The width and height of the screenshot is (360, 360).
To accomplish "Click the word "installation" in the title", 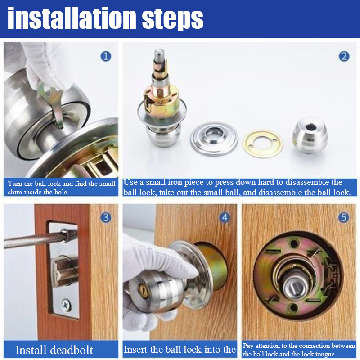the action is pos(72,18).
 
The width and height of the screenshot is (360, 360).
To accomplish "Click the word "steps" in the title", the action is pos(173,20).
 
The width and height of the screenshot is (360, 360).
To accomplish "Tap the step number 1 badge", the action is pos(106,57).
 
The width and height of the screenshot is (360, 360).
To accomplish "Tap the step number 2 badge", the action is pos(344,57).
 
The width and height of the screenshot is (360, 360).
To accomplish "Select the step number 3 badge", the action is pos(106,217).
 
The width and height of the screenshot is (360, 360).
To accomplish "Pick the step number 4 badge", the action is pos(225,217).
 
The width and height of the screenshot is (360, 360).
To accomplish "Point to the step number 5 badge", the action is pos(344,217).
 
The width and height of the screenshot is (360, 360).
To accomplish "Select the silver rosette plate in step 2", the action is pos(214,139).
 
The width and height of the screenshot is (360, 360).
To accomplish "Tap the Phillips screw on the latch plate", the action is pos(66,305).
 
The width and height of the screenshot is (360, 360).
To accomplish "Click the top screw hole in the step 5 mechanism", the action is pos(294,243).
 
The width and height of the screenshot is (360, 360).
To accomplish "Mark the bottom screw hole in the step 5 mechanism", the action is pos(294,307).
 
